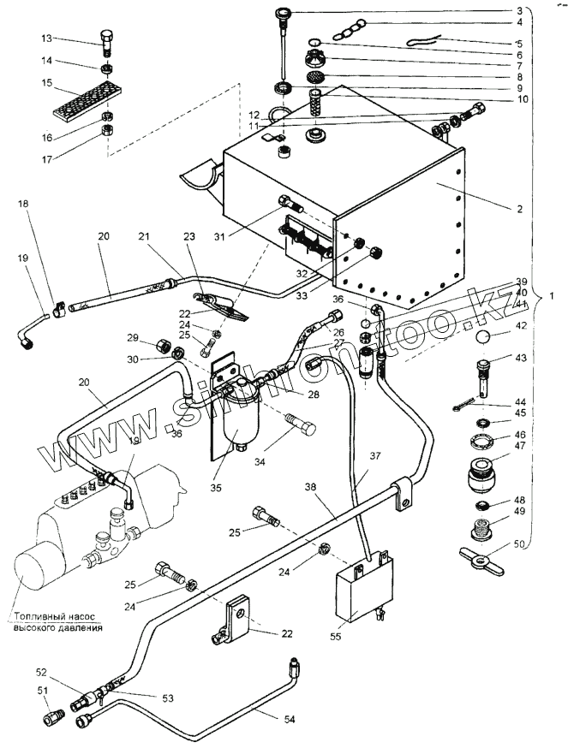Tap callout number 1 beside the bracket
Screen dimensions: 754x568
tap(553, 295)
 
